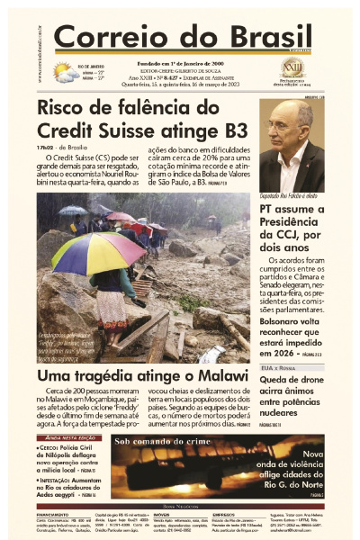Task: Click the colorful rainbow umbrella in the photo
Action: [98, 253]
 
